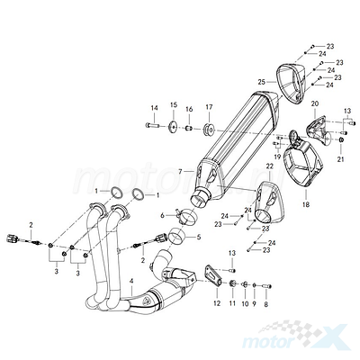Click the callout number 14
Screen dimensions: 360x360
tap(154, 108)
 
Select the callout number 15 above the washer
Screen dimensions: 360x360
tap(174, 104)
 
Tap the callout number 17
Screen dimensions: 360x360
tap(209, 106)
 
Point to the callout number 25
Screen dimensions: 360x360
tap(262, 82)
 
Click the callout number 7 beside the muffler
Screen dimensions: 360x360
tap(180, 172)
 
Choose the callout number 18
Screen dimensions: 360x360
tap(306, 204)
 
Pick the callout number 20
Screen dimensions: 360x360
tap(315, 103)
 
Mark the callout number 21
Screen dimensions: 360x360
tap(340, 159)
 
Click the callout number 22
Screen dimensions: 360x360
tap(270, 166)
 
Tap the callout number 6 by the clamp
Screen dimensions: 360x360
tap(171, 215)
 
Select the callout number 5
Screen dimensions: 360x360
tap(199, 237)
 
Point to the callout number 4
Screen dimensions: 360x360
tap(130, 281)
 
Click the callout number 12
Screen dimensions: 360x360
tap(217, 303)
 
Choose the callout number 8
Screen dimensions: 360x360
tap(266, 303)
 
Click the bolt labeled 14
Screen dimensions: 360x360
tap(153, 124)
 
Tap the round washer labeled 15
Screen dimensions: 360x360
tap(173, 127)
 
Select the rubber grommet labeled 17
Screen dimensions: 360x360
tap(209, 130)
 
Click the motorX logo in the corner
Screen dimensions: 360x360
tap(295, 336)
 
